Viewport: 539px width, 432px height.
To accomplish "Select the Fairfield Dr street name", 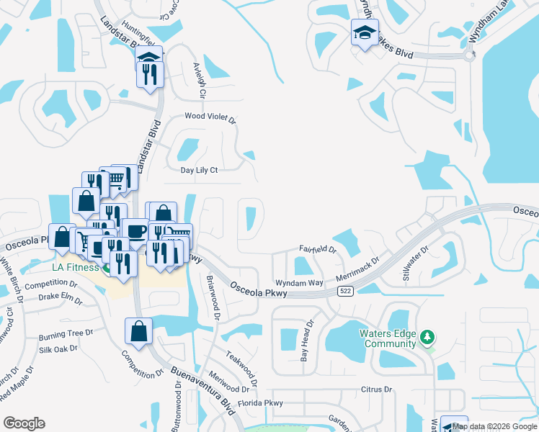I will click(318, 250).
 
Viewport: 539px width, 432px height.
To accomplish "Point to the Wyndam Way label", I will click(298, 283).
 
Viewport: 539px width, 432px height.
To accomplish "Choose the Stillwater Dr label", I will click(414, 261).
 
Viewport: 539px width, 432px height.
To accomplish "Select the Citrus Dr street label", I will click(376, 390).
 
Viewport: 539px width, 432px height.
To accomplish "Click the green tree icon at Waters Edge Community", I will click(427, 337).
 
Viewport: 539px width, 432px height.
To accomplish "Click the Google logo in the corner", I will click(24, 423).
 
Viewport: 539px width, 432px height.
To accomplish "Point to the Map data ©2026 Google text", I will click(494, 426).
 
